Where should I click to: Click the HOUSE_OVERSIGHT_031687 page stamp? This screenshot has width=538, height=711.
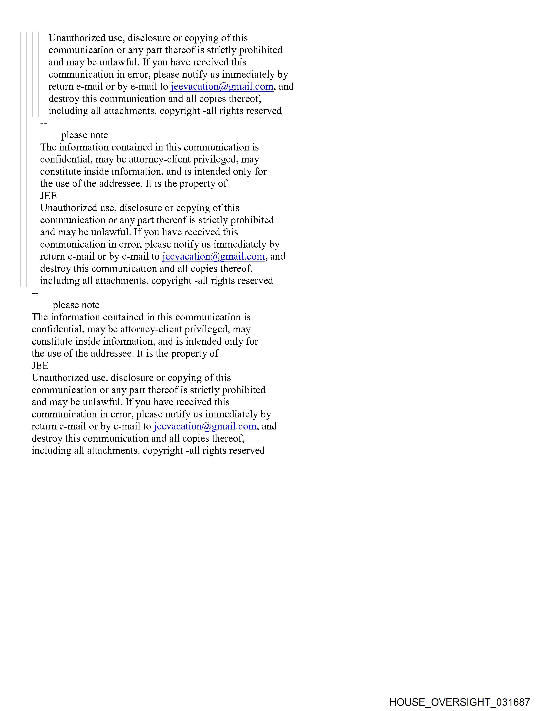pos(460,702)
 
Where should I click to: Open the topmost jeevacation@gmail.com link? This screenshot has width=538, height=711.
pos(222,87)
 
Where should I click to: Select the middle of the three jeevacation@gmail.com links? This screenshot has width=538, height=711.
pos(213,256)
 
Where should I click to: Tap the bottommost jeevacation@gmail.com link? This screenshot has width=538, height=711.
pos(205,426)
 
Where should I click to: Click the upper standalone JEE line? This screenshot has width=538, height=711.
pos(49,196)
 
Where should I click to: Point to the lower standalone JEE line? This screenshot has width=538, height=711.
pos(40,366)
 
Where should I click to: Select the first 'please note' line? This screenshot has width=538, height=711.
pos(85,135)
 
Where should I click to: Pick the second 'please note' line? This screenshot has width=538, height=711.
pos(76,305)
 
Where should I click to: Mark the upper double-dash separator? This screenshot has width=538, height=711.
pos(43,123)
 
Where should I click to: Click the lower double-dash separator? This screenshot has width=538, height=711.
pos(35,293)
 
